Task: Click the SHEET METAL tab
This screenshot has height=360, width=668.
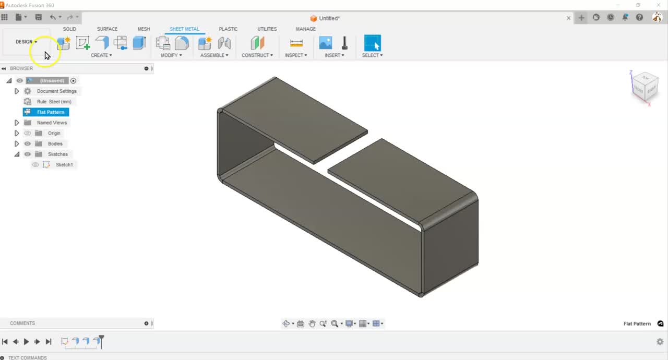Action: coord(184,29)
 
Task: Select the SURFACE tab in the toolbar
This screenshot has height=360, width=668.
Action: coord(107,29)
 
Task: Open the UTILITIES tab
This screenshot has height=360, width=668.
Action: coord(267,29)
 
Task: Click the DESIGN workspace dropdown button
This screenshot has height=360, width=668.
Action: coord(26,42)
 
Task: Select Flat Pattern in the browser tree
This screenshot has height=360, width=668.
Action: coord(51,112)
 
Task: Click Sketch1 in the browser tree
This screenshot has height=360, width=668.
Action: coord(64,165)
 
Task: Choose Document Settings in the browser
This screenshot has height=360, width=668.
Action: coord(56,91)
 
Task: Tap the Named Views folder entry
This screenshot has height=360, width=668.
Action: coord(52,123)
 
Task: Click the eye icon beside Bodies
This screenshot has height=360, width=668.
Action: coord(28,143)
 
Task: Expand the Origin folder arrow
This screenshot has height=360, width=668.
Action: coord(17,133)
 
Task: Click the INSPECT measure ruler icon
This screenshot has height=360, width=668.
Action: coord(296,43)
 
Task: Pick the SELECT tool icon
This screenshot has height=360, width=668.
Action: coord(372,43)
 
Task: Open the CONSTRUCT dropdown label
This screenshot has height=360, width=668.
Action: coord(257,55)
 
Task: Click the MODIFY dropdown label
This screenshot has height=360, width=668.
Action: coord(171,55)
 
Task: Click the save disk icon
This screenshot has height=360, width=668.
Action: coord(38,17)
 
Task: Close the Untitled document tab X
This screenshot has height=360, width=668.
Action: coord(568,18)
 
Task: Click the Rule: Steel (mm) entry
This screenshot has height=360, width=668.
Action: coord(54,102)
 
